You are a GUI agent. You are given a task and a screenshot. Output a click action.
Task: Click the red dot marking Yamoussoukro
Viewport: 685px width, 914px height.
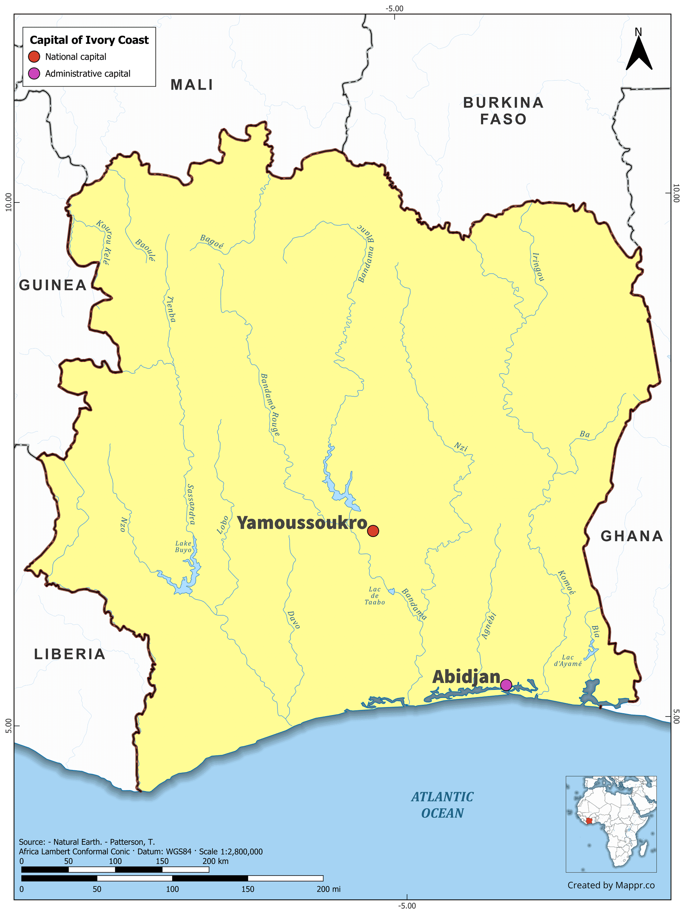pos(373,530)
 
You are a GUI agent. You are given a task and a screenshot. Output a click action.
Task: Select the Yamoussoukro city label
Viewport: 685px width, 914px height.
pos(302,523)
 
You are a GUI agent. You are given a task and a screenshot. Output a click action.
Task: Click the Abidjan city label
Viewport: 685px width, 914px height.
pos(466,677)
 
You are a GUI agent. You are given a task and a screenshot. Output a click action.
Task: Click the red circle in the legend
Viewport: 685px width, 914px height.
pos(34,57)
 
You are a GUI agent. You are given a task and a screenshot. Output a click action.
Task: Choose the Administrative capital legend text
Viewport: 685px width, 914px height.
pos(88,73)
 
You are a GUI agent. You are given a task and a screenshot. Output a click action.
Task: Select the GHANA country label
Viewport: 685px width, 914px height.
pos(632,536)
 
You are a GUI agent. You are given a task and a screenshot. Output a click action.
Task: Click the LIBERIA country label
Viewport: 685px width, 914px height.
pos(70,654)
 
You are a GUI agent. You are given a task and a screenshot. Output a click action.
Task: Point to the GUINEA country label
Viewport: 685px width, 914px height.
pos(53,285)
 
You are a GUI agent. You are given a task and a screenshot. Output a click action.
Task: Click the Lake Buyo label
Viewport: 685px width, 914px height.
pos(183,547)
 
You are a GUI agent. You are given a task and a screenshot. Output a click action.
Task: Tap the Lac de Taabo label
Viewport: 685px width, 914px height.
pos(375,596)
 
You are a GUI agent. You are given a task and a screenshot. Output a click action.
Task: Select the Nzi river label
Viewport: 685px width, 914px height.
pos(461,447)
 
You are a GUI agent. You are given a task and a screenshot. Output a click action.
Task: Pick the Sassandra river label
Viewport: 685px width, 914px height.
pos(190,504)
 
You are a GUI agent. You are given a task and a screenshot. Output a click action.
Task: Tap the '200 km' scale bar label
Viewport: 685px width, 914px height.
pos(215,861)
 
